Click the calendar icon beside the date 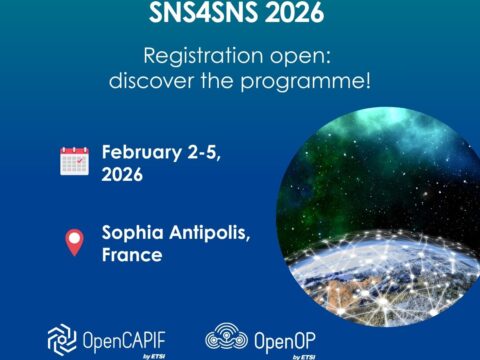click(x=75, y=161)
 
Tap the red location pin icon click(x=74, y=243)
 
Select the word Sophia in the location click(x=132, y=235)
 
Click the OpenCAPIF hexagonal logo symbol click(x=63, y=339)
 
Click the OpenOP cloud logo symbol click(x=226, y=339)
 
